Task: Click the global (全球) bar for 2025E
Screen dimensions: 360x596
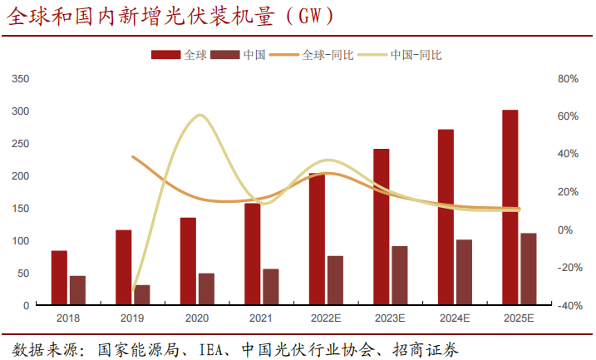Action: [x=510, y=208]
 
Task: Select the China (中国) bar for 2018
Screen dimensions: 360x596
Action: [x=77, y=290]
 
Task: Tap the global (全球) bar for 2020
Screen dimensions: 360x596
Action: [x=188, y=261]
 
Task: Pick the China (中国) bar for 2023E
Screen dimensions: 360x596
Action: [x=400, y=275]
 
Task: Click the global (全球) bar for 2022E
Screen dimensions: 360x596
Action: [x=317, y=239]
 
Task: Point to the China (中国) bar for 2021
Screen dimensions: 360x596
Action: [x=271, y=287]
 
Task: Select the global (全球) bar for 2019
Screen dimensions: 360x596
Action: [x=123, y=268]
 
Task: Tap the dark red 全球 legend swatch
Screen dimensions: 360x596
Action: [x=165, y=55]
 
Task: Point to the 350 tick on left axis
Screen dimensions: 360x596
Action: [x=21, y=79]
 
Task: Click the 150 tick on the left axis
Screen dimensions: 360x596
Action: [x=21, y=209]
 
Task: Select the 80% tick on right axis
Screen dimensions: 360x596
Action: [x=567, y=79]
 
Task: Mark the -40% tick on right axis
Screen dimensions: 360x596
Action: [x=567, y=306]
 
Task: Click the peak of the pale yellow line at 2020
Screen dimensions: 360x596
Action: [x=198, y=115]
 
